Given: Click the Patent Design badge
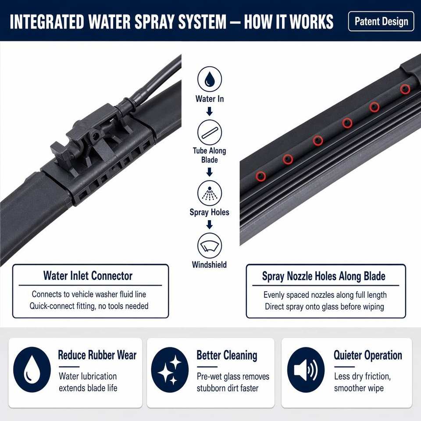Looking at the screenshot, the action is (381, 21).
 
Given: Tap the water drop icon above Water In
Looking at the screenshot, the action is (210, 79).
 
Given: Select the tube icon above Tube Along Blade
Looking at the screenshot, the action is (210, 132).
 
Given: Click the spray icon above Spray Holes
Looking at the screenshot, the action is (210, 193).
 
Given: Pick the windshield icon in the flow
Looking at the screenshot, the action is (210, 246).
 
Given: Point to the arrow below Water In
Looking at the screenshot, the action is (210, 111).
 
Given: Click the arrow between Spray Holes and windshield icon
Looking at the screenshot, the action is (210, 225).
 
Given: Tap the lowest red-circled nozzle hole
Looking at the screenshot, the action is (260, 176).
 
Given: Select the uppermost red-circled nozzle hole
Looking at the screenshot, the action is (405, 89).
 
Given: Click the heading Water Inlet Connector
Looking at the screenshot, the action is (88, 276).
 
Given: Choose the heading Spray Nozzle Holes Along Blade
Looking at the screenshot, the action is (324, 276).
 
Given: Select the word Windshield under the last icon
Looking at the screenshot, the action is (210, 265).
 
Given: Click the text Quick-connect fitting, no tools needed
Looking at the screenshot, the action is (89, 306).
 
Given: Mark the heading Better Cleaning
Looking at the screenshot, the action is (227, 355).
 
